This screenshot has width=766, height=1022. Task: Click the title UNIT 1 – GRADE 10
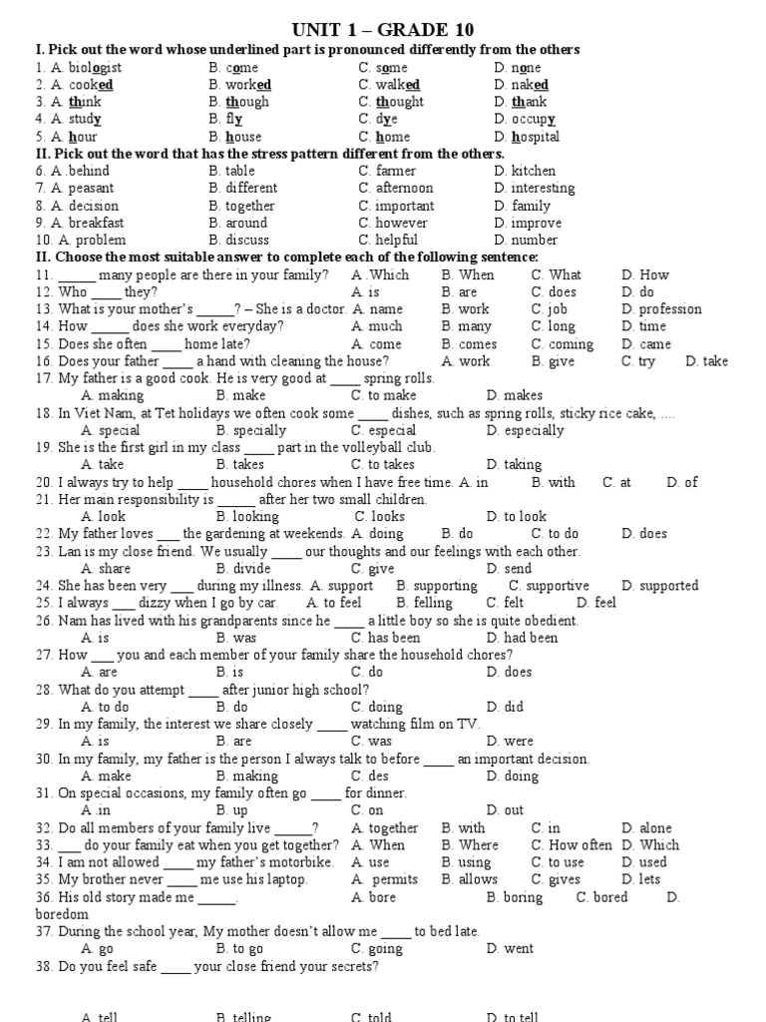pos(383,29)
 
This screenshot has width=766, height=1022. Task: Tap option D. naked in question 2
pos(521,85)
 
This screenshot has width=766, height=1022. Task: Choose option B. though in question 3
pos(239,102)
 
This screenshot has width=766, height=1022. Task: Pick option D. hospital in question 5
pos(527,137)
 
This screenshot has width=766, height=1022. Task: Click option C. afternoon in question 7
pos(396,188)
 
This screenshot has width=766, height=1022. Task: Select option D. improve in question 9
pos(528,223)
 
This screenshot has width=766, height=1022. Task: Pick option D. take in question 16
pos(707,361)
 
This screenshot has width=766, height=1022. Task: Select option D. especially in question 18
pos(526,430)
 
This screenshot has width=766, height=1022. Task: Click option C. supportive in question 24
pos(549,586)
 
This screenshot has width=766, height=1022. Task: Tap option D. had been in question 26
pos(523,638)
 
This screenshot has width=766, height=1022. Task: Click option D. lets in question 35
pos(641,880)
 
